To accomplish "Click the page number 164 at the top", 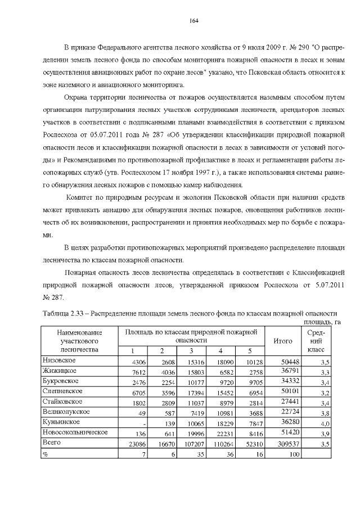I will point(193,21).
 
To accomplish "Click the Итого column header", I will point(282,340).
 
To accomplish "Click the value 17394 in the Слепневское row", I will point(183,393).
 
